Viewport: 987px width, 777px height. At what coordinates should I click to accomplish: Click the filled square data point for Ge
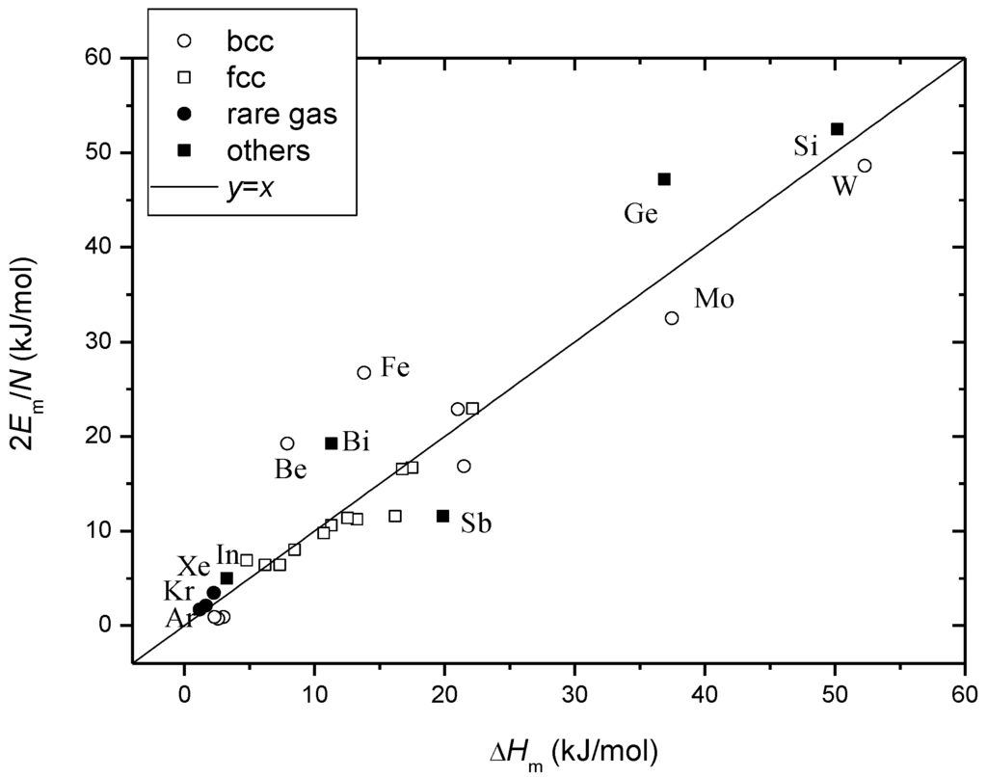[x=664, y=179]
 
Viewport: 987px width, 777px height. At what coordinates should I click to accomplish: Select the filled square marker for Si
[x=837, y=129]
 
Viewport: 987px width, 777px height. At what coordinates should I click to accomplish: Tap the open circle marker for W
[x=865, y=166]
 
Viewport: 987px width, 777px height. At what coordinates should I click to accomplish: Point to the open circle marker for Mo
[x=672, y=318]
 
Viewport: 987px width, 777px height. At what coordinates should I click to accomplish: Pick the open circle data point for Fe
[x=364, y=372]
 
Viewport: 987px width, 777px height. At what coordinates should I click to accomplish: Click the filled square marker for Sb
[x=443, y=516]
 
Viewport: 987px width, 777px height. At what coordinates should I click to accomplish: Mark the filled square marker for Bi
[x=332, y=443]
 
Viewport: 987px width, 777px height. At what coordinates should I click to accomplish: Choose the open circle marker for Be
[x=287, y=443]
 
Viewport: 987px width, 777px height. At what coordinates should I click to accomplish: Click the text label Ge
[x=640, y=214]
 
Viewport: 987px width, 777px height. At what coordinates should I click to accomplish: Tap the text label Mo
[x=714, y=300]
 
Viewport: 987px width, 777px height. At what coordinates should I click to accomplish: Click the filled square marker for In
[x=227, y=578]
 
